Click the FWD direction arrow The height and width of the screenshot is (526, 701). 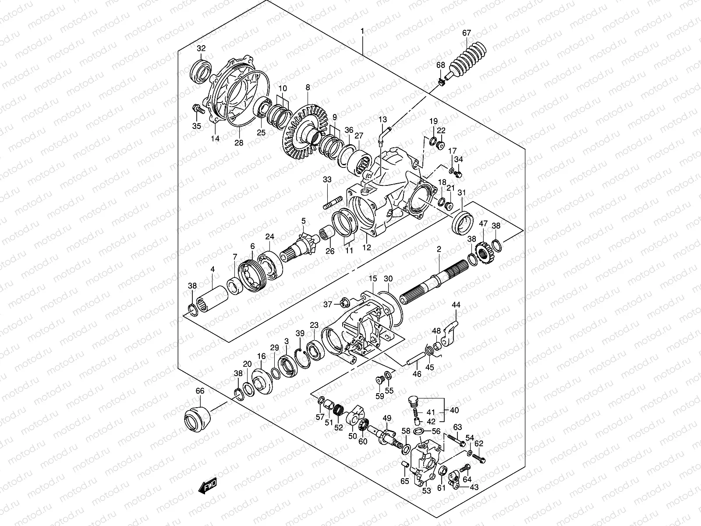(x=207, y=487)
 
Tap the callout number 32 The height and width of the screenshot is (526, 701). (x=201, y=48)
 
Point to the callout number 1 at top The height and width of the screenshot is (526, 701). (x=362, y=31)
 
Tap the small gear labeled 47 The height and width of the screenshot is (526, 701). (x=484, y=252)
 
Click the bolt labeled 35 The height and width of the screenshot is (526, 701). (x=198, y=109)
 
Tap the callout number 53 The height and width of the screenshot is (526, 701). (x=426, y=491)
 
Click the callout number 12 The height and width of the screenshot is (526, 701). (x=367, y=248)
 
